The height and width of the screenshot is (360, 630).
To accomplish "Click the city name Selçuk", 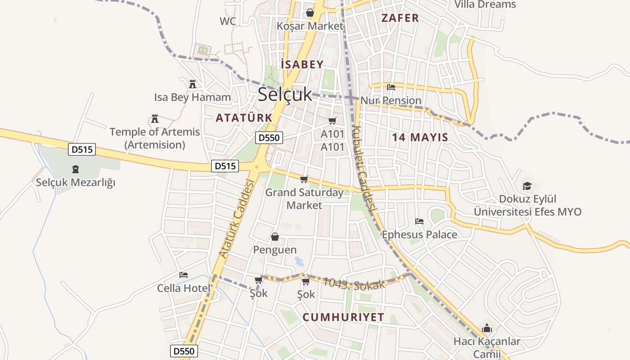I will (x=285, y=94).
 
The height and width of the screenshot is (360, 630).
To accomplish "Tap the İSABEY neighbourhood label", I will (x=302, y=64).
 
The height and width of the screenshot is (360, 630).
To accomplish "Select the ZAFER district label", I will (x=400, y=18).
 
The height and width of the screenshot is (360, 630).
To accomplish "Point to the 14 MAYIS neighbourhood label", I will (x=420, y=137).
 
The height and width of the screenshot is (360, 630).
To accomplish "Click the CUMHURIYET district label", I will (x=343, y=317).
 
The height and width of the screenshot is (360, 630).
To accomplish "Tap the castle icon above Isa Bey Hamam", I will (x=193, y=84).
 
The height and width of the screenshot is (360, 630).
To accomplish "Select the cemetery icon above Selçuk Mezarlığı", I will (x=75, y=170).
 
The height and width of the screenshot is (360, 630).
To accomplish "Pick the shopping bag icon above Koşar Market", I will (x=310, y=13).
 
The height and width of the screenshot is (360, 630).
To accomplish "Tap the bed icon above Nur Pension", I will (x=391, y=87).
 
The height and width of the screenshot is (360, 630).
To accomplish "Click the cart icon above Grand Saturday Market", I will (x=304, y=180).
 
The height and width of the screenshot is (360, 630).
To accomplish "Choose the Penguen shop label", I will (x=275, y=250).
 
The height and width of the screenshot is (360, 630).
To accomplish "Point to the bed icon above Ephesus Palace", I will (x=419, y=221).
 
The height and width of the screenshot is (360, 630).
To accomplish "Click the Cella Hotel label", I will (x=184, y=288).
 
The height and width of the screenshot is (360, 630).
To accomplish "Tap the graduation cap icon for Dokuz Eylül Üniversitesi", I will (x=527, y=186).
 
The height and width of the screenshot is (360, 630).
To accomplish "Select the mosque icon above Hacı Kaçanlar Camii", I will (x=486, y=328).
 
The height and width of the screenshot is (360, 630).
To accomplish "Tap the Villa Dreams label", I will (x=485, y=4).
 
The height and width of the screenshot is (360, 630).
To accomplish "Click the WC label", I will (x=228, y=21).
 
